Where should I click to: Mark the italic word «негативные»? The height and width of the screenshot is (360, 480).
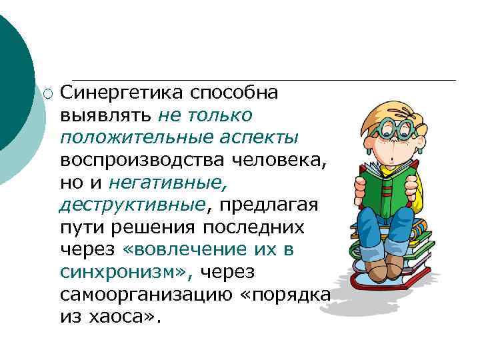point(161,183)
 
